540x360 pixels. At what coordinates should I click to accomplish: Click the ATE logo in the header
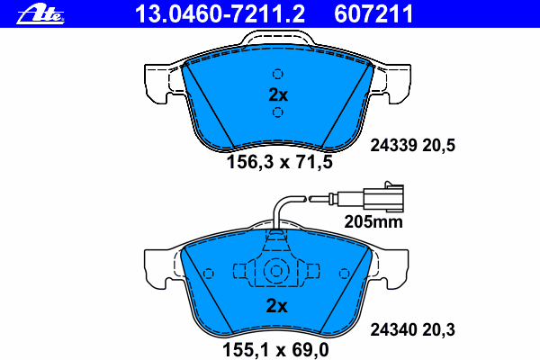click(x=40, y=14)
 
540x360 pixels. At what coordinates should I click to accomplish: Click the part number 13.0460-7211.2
click(x=220, y=14)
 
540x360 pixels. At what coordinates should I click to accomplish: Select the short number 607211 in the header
click(x=373, y=14)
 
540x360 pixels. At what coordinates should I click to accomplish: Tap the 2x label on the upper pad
click(x=278, y=94)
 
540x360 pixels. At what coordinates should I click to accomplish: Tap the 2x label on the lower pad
click(x=276, y=306)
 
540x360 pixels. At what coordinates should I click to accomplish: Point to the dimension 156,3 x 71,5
click(x=280, y=162)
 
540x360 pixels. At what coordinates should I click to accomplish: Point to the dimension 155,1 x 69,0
click(x=275, y=350)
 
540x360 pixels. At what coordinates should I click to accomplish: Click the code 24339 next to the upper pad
click(x=393, y=146)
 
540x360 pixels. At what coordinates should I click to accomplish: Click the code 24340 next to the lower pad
click(x=393, y=330)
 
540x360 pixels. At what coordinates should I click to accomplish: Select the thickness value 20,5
click(x=438, y=146)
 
